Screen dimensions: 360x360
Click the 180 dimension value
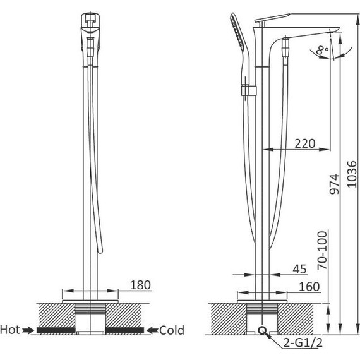(140, 285)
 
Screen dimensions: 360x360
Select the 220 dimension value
(305, 144)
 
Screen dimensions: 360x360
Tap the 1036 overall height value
(352, 174)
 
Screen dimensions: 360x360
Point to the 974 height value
(334, 184)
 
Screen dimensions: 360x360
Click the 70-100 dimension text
(322, 250)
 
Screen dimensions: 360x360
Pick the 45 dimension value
(299, 269)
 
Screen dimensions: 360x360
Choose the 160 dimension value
(309, 287)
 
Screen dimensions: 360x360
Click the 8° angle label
(322, 51)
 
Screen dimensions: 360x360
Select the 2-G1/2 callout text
(303, 343)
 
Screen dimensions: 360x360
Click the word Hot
(10, 330)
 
